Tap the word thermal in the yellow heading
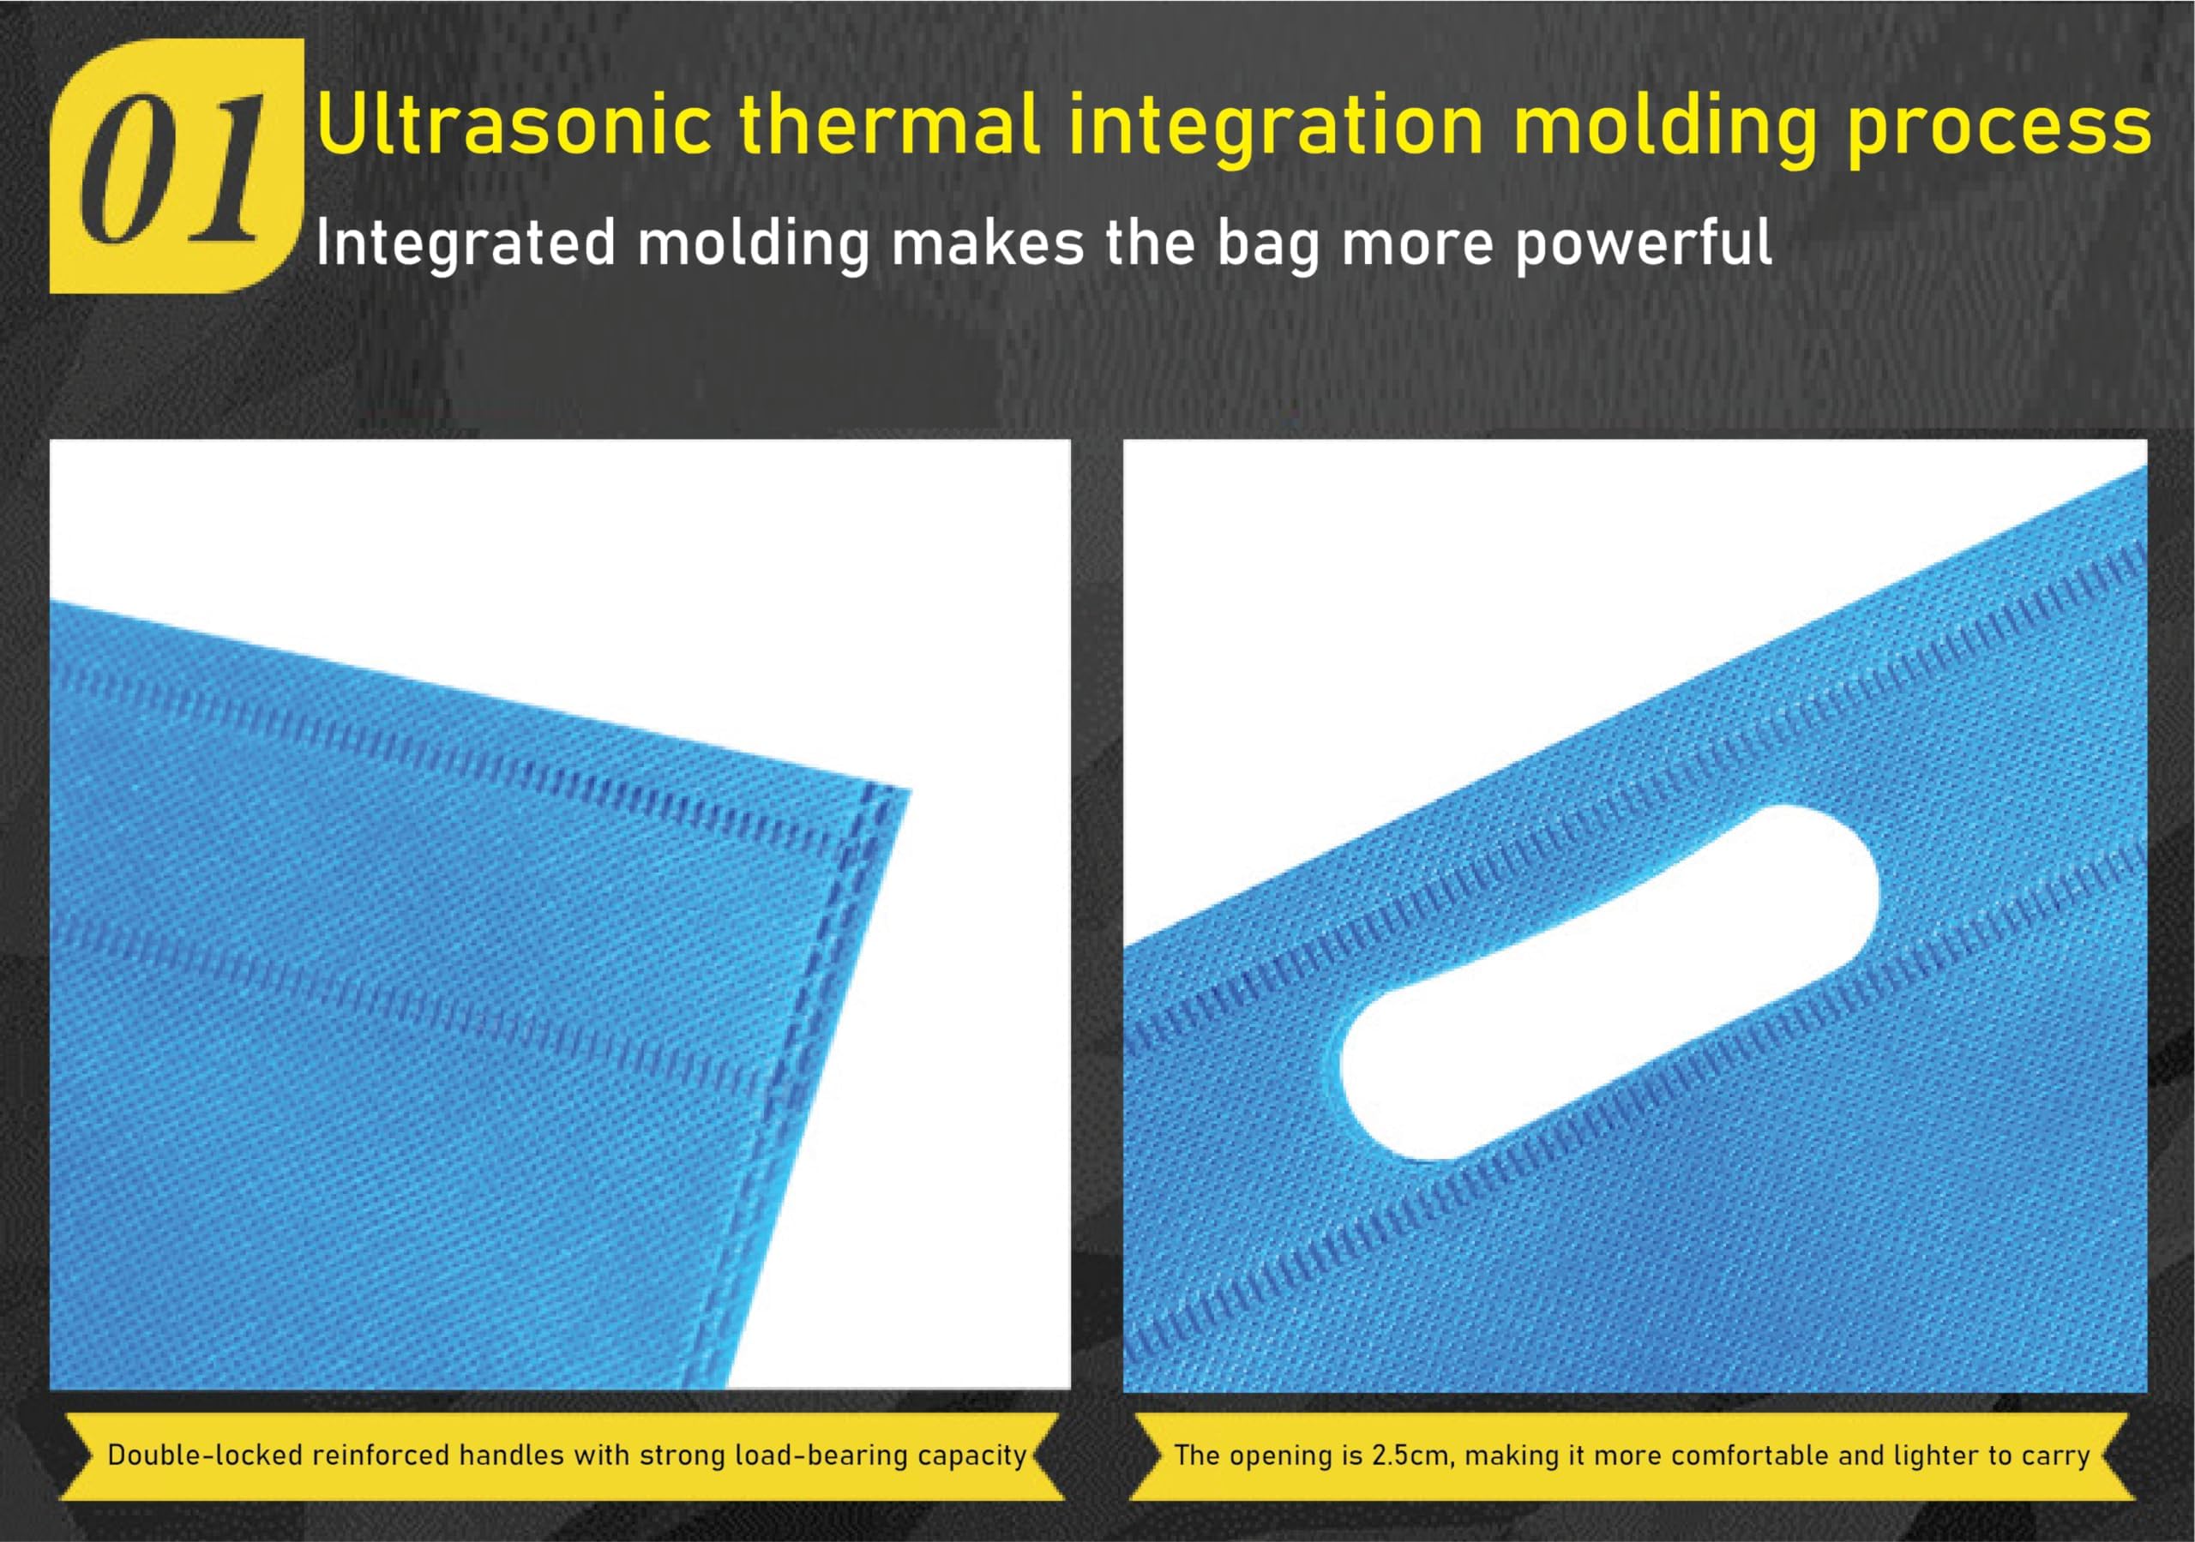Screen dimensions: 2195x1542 pos(890,124)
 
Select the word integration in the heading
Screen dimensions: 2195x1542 pos(1277,130)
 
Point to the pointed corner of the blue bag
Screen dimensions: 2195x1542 pos(910,789)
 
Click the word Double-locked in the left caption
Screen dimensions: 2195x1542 pos(206,1455)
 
